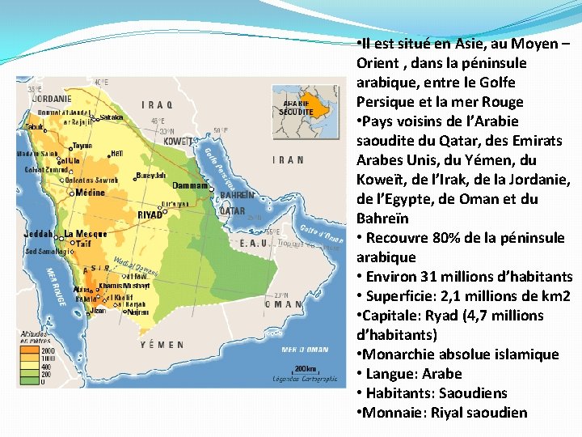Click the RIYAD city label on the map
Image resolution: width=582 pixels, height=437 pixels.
point(150,215)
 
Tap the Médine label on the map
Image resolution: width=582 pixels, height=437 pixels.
point(91,193)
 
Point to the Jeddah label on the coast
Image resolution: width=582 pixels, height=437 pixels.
point(40,235)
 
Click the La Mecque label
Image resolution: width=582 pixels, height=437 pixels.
point(85,235)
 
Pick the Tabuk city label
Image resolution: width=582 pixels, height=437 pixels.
point(35,127)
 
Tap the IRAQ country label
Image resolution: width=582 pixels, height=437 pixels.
point(157,104)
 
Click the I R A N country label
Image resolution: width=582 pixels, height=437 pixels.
point(289,159)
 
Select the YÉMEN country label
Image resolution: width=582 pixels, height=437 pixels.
point(162,345)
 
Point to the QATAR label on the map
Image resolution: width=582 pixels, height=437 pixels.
point(233,211)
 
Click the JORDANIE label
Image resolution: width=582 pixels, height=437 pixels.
point(51,99)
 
